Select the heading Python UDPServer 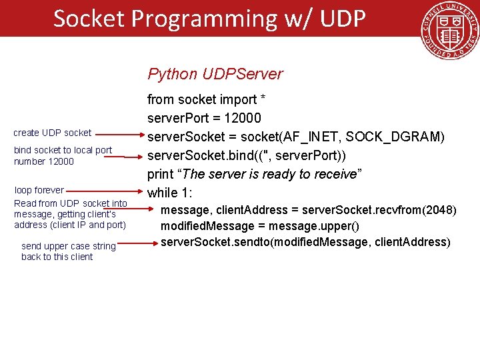tap(215, 74)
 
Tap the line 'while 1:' tap(171, 193)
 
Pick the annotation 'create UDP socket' tap(53, 133)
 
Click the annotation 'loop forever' tap(39, 190)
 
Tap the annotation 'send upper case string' tap(69, 247)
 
